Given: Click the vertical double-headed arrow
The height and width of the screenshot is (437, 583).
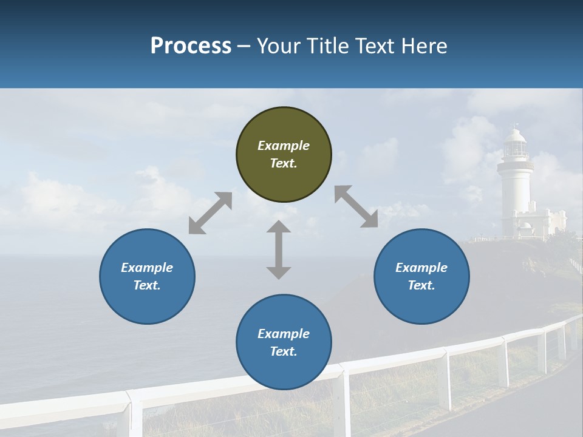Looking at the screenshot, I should [279, 249].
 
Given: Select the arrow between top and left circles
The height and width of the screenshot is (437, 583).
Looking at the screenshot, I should [210, 213].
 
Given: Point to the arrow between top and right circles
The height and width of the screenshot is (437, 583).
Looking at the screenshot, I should [356, 206].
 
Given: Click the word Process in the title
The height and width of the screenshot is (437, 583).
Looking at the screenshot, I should [191, 46].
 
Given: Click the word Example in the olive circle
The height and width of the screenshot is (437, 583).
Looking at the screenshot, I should [284, 146].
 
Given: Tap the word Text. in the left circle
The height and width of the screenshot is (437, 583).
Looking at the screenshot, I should [147, 285].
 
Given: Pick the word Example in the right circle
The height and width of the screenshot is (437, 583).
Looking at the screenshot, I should [421, 268].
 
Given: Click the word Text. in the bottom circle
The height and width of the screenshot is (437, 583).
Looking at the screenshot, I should [284, 351].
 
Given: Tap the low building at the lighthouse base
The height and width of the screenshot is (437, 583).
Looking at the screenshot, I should [544, 223].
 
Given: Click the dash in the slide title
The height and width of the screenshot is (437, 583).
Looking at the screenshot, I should [244, 46].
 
